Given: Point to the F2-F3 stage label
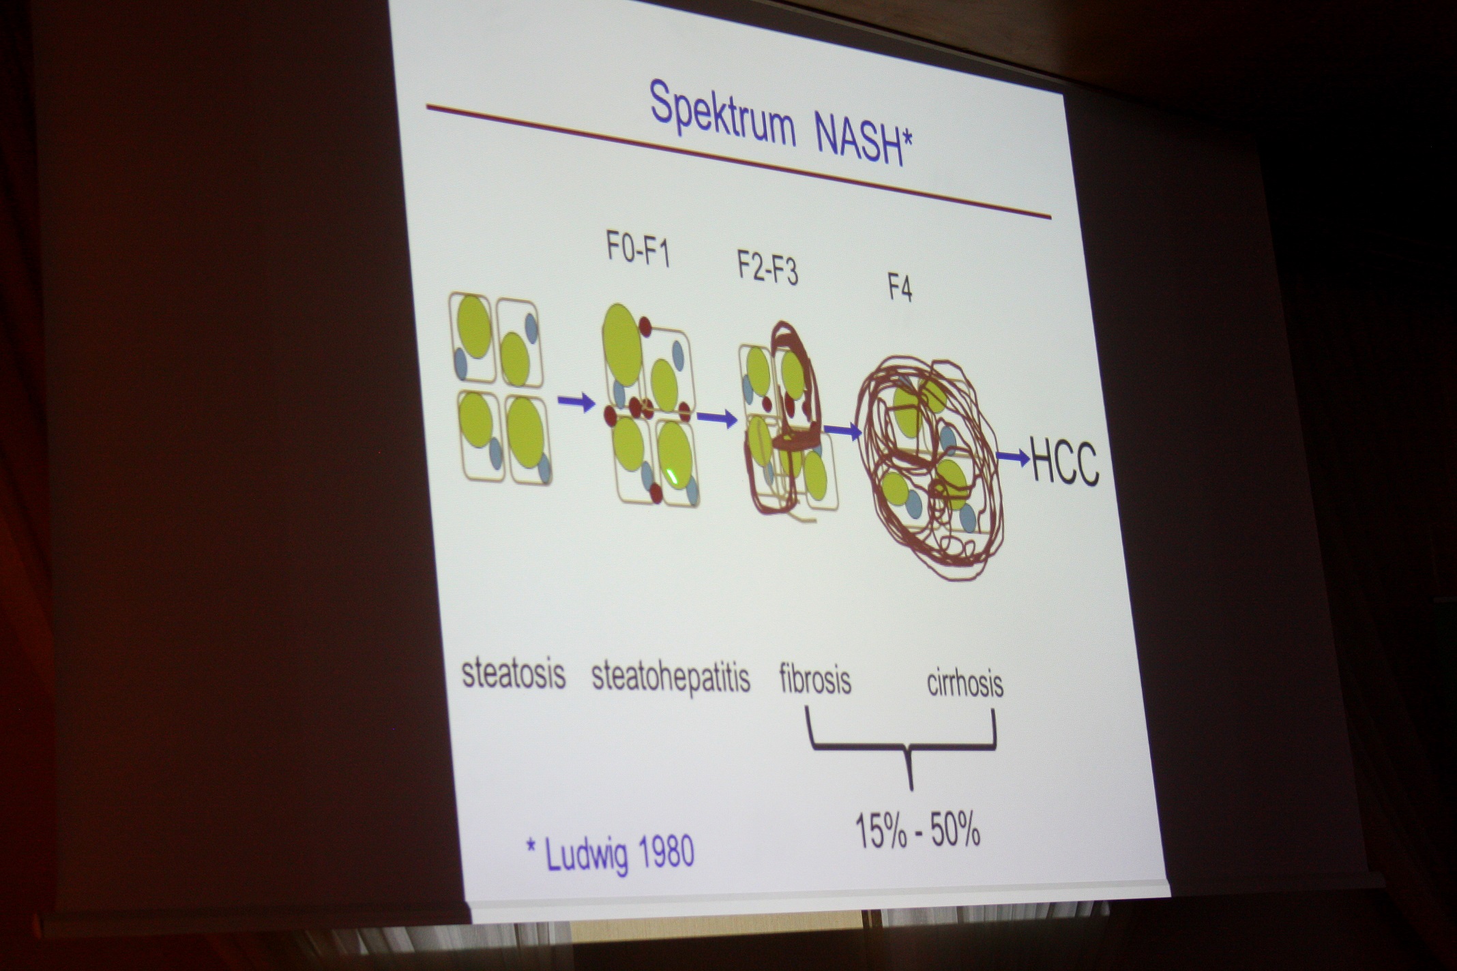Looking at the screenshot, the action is tap(767, 269).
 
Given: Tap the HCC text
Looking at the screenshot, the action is tap(1065, 462).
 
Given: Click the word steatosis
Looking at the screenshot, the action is tap(514, 673).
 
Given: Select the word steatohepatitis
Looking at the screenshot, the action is tap(671, 676).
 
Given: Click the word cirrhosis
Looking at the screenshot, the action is tap(965, 683).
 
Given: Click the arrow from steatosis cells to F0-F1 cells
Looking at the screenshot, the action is tap(577, 403).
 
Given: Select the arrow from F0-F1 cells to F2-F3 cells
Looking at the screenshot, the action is tap(718, 418).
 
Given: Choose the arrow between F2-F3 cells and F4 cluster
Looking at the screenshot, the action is tap(843, 430).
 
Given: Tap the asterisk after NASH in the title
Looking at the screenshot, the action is tap(907, 140).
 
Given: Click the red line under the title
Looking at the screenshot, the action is tap(738, 162).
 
